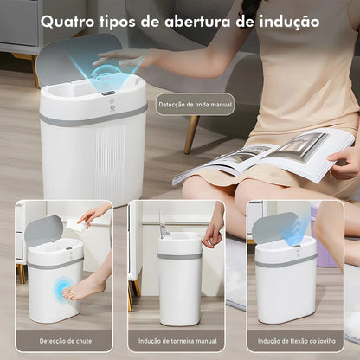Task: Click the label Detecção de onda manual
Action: click(x=196, y=105)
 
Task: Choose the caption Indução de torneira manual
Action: click(x=179, y=341)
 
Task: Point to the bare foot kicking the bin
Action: click(x=87, y=286)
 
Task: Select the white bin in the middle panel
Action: click(x=179, y=277)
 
